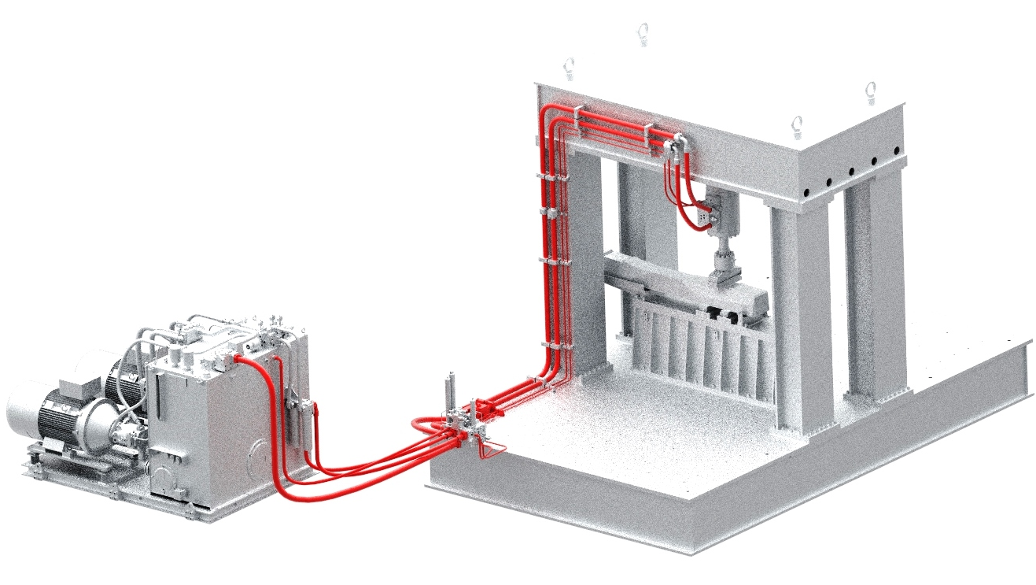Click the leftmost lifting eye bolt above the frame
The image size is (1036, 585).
pyautogui.click(x=569, y=68)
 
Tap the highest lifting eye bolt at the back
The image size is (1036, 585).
pyautogui.click(x=643, y=33)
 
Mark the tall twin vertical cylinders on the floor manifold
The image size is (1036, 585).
pyautogui.click(x=452, y=390)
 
